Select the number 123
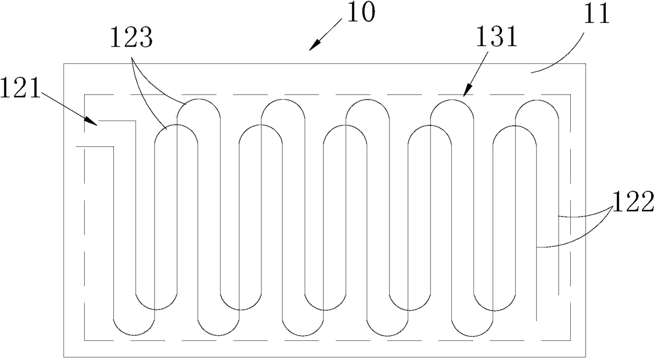click(x=131, y=38)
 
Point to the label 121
click(x=20, y=88)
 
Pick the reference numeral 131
click(x=496, y=37)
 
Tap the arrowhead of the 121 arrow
click(x=92, y=122)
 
